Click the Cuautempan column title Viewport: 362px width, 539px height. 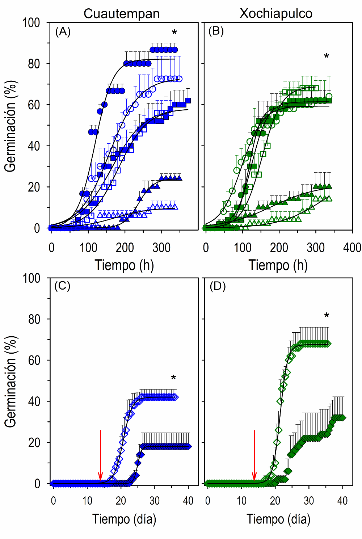coord(122,14)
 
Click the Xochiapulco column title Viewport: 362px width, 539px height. coord(276,14)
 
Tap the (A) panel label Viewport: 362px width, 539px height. coord(63,32)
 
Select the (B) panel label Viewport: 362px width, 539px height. coord(216,31)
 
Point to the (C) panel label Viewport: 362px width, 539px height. coord(62,286)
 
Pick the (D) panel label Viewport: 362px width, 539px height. coord(218,286)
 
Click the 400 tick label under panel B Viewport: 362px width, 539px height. coord(352,248)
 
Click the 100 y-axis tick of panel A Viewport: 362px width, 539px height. coord(31,23)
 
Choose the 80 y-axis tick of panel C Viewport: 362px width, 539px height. coord(34,319)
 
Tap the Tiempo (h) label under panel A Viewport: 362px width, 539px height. coord(124,265)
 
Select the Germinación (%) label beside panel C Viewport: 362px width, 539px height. coord(11,381)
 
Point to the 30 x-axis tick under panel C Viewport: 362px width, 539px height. coord(155,501)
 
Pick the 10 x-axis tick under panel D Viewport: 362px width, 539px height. coord(241,501)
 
